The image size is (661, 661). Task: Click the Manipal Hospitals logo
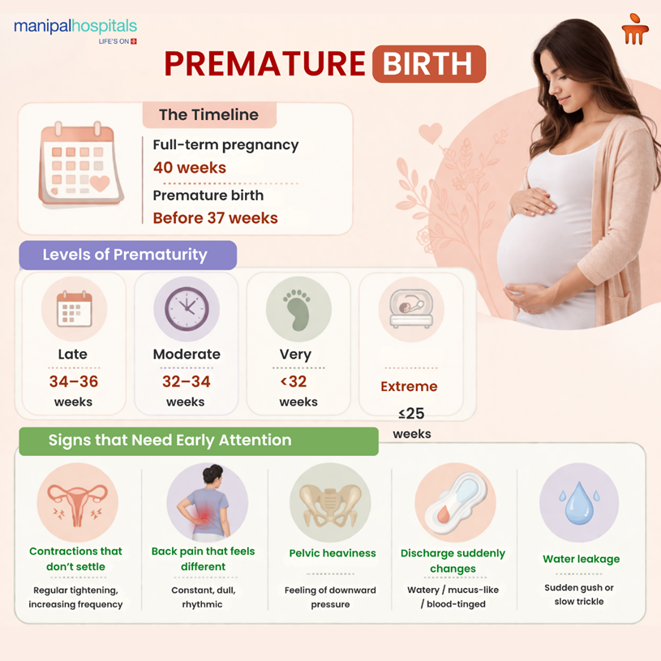point(75,29)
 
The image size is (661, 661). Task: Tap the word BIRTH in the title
point(429,64)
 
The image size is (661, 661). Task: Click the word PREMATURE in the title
point(265,64)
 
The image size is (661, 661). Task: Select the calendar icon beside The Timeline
point(81,165)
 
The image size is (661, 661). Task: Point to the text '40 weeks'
point(190,168)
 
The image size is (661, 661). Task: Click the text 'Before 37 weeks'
point(215,217)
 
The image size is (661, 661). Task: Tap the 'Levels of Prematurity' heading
point(125,255)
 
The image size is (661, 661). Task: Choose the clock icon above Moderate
point(187,309)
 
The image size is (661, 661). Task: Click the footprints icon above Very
point(298,309)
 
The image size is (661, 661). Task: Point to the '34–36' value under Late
point(74,381)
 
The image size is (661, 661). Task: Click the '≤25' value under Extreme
point(411,414)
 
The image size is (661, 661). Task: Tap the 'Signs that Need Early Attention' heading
point(170,440)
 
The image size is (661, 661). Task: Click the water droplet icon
point(579,503)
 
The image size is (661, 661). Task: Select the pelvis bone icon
point(330,504)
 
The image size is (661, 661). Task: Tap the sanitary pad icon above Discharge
point(454,503)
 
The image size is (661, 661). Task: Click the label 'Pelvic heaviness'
point(333,553)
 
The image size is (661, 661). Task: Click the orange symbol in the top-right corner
point(635,30)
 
